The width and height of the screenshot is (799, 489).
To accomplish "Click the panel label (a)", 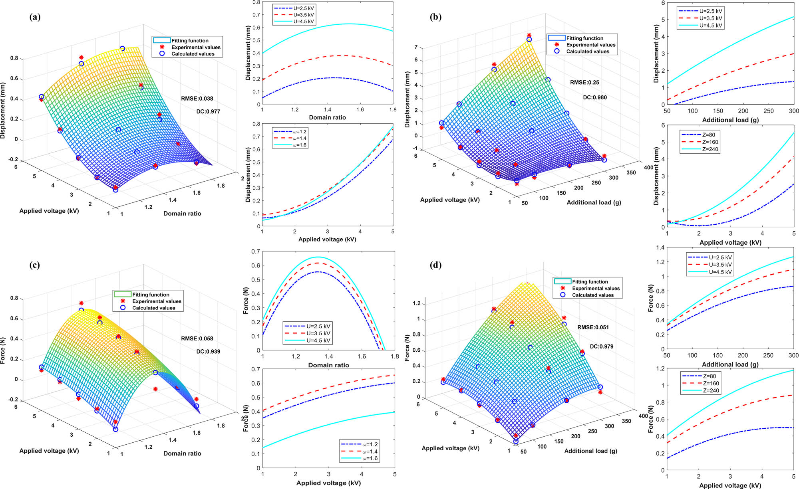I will coord(35,17).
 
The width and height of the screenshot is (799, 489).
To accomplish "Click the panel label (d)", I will coord(435,265).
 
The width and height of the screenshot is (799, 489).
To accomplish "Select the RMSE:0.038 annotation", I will coord(197,98).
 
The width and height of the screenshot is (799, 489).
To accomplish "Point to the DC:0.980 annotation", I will coord(594,97).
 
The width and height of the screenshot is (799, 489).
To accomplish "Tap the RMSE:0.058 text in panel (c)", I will coord(197,338).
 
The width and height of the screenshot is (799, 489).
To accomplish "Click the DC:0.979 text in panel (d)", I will coord(601,346).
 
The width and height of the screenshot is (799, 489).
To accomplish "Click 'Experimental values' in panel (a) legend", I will coord(195,47).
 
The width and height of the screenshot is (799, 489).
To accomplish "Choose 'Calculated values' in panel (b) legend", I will coord(587,51).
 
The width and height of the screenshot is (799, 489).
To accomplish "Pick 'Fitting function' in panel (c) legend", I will coord(151,295).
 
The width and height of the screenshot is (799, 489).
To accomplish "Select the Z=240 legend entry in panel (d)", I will coord(711,390).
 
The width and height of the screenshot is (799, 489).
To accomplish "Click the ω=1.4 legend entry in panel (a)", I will coord(300,138).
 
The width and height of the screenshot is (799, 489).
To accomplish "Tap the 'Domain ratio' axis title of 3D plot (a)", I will coord(182,214).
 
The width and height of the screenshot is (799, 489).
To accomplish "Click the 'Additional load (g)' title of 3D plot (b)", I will coord(594,202).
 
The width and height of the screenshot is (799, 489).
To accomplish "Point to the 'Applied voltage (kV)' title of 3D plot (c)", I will coord(49,451).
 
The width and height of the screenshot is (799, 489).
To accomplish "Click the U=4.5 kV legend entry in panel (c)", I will coord(318,341).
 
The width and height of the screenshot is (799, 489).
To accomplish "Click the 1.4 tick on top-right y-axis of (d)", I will coord(660,248).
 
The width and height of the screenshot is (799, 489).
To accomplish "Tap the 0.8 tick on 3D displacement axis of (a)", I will coord(14,58).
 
